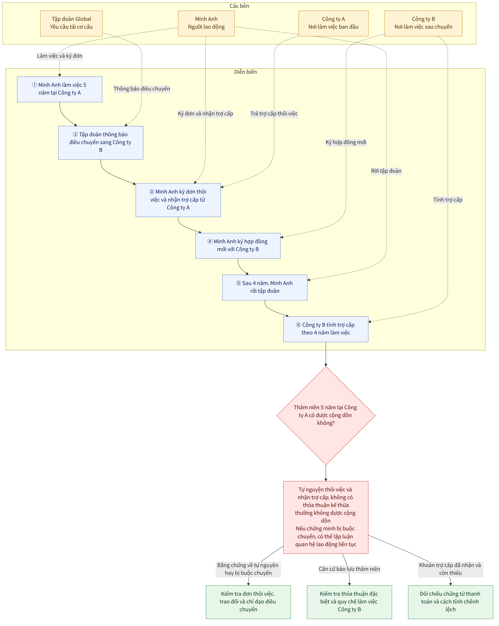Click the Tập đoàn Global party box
71,23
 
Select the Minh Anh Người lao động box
206,23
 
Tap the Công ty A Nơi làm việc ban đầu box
333,23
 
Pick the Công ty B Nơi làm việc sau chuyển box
423,23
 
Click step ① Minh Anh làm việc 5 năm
60,89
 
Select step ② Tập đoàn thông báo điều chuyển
101,143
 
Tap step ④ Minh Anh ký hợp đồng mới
238,246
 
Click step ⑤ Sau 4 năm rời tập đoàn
265,288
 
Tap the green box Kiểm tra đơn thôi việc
248,602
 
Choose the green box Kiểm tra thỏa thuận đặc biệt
349,602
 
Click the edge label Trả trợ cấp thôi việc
274,114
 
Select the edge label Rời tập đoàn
386,171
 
